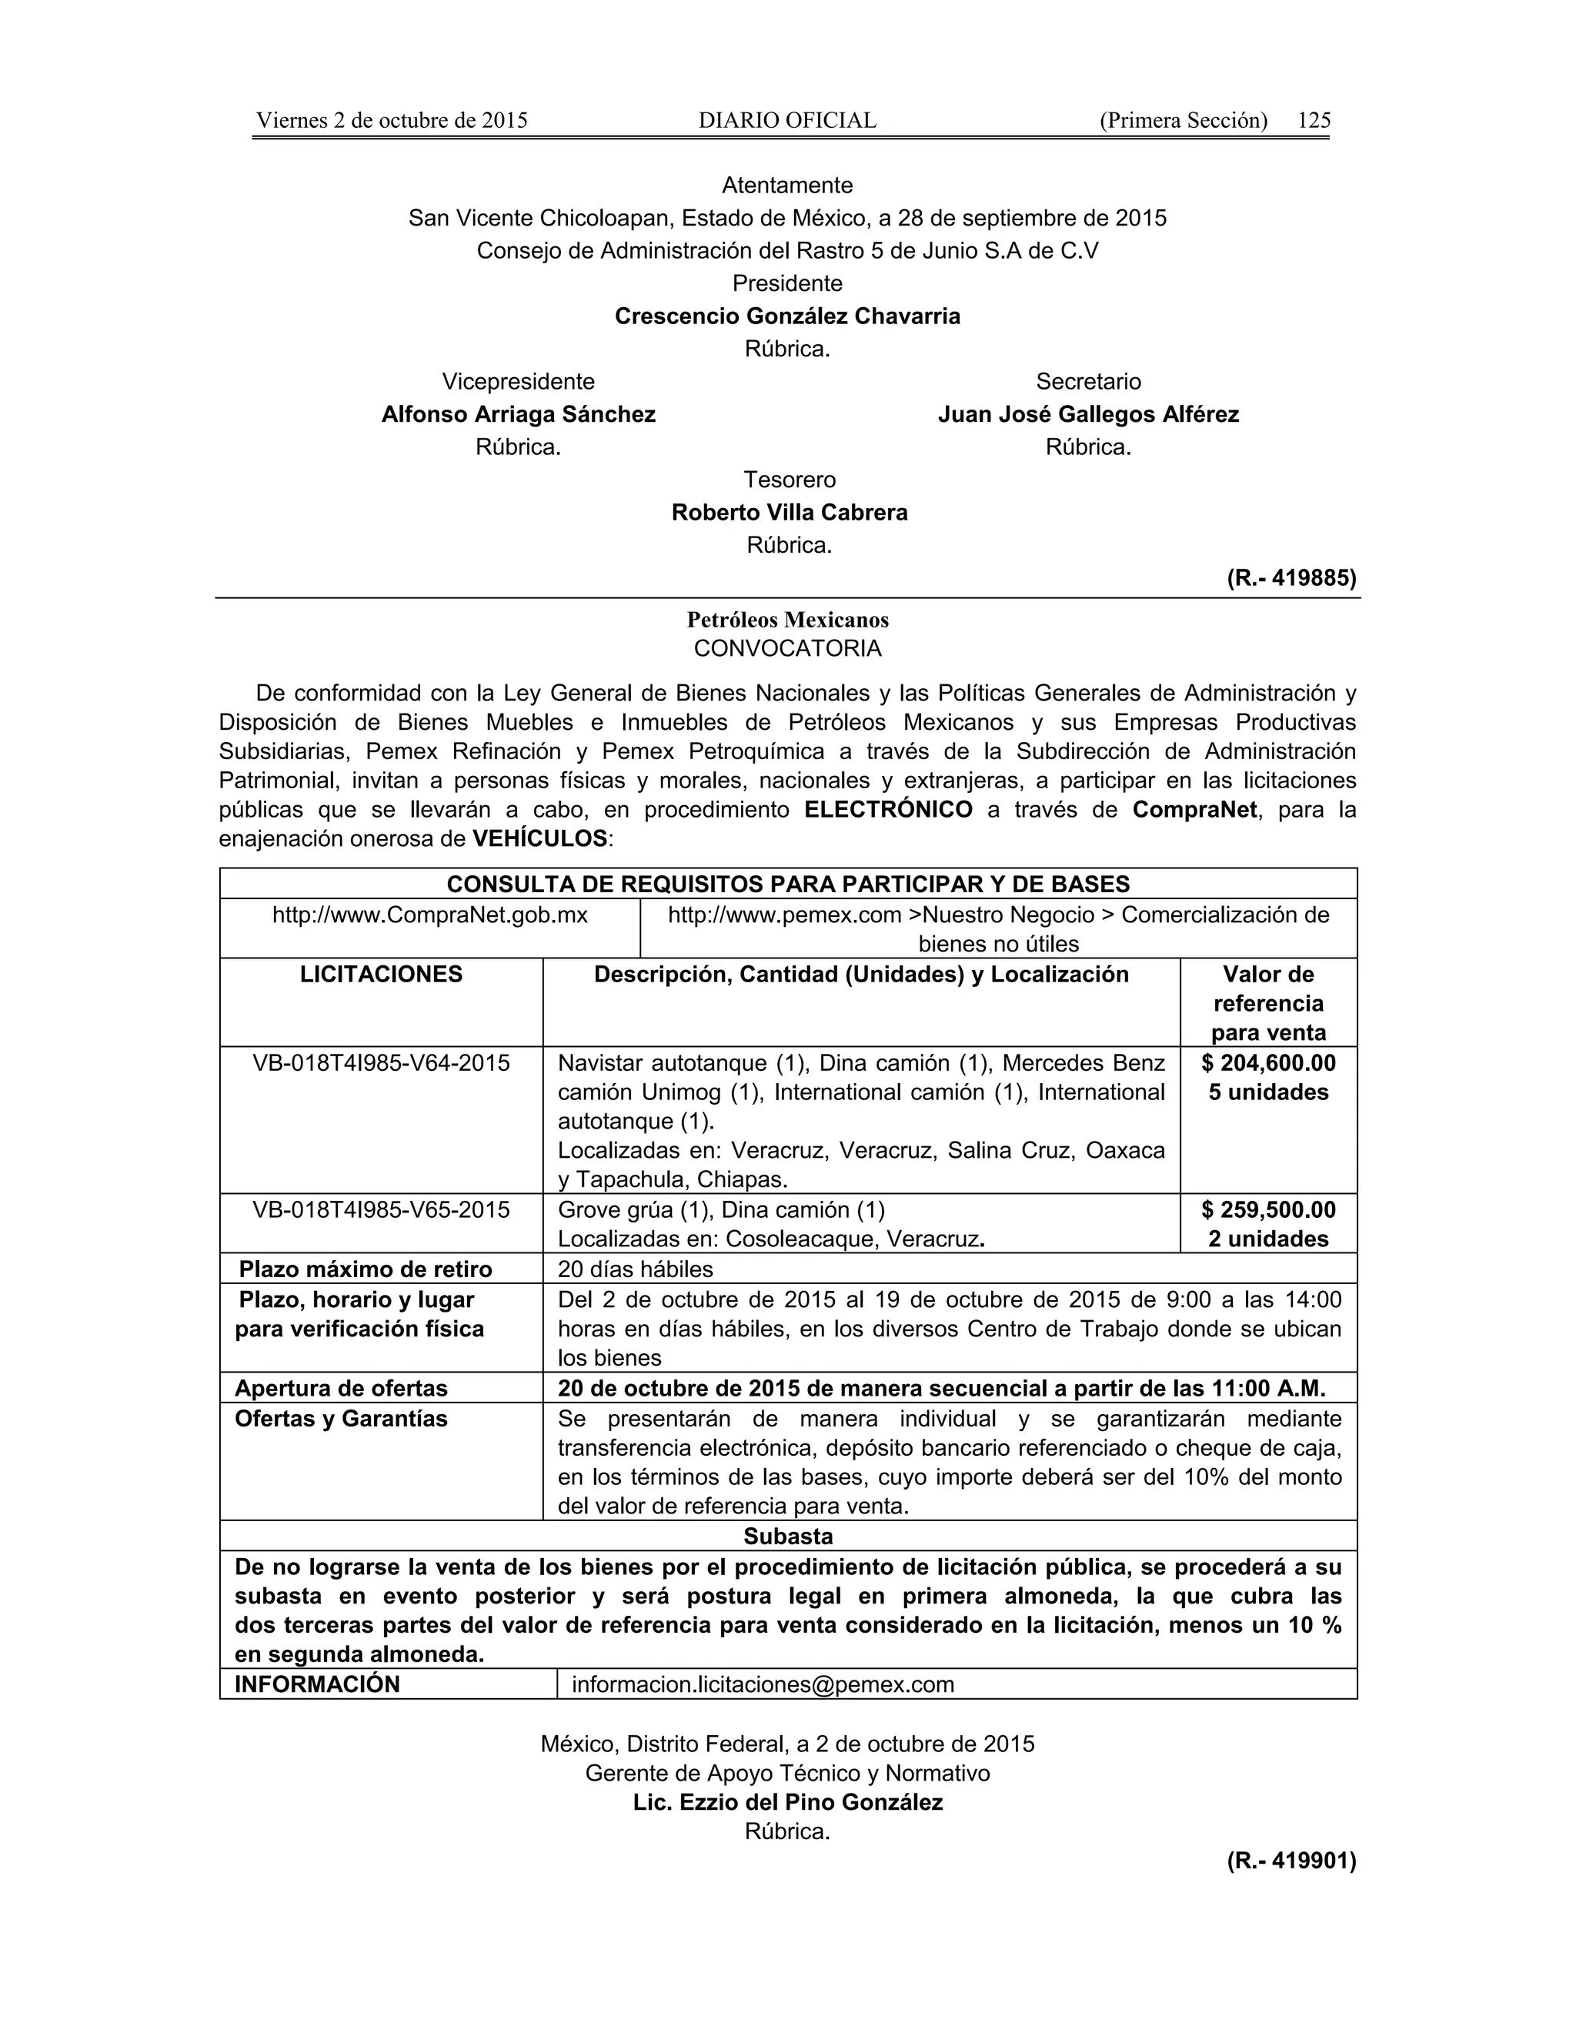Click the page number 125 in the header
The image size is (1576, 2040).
(x=1314, y=121)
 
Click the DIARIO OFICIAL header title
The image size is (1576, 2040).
(x=787, y=121)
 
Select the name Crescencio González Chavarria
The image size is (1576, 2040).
(x=787, y=316)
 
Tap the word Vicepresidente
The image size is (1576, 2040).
(x=517, y=382)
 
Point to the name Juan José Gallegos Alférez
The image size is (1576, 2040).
(x=1087, y=415)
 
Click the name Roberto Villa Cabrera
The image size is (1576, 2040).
(x=789, y=513)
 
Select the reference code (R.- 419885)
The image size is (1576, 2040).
(x=1291, y=578)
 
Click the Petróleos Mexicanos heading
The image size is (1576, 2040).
(x=787, y=620)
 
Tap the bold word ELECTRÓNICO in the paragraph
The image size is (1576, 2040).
(x=888, y=810)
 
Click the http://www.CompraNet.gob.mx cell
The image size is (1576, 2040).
(x=429, y=915)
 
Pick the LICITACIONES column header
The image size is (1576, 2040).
(x=381, y=975)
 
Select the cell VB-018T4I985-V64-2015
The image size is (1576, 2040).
(x=381, y=1063)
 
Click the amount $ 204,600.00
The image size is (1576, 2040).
(x=1268, y=1063)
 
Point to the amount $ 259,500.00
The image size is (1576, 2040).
(x=1268, y=1211)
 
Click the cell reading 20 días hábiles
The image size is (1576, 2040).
(x=635, y=1270)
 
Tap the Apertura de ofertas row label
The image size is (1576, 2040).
(x=341, y=1389)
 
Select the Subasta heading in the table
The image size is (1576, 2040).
(x=787, y=1537)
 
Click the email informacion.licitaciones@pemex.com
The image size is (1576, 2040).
(x=762, y=1685)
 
